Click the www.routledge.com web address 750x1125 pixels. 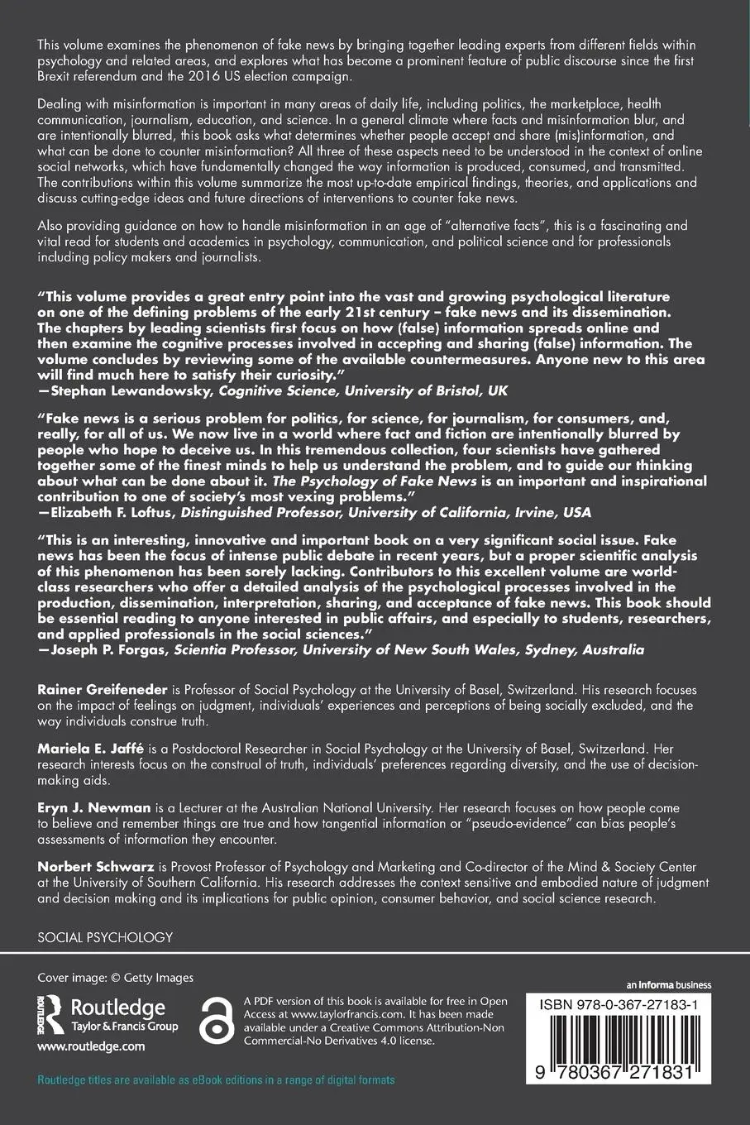click(x=91, y=1046)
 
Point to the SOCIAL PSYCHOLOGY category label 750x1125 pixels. click(x=105, y=937)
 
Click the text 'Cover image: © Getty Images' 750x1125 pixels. click(x=115, y=978)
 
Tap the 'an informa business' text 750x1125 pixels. click(x=668, y=985)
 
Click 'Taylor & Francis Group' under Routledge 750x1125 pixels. click(x=125, y=1027)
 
